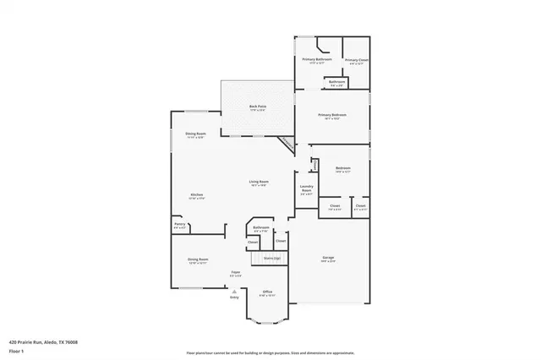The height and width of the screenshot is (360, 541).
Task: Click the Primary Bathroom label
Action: click(317, 60)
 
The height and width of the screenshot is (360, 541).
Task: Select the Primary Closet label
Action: click(356, 60)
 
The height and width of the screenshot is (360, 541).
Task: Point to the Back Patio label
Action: click(257, 107)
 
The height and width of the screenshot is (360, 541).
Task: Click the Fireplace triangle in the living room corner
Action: click(288, 144)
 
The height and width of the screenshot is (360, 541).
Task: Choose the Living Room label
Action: click(258, 183)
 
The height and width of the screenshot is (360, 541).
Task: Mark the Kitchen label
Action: click(196, 195)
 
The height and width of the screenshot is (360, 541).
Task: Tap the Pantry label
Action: click(179, 225)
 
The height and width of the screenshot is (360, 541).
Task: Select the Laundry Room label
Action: click(306, 188)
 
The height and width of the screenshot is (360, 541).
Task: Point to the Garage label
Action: click(328, 258)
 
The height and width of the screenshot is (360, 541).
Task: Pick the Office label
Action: click(266, 292)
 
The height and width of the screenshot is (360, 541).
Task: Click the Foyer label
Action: click(236, 273)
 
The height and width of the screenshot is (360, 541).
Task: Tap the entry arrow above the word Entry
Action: click(235, 290)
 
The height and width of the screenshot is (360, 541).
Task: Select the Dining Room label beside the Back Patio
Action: click(195, 134)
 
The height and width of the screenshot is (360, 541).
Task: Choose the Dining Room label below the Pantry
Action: click(198, 260)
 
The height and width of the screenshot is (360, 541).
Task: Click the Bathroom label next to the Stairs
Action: click(260, 228)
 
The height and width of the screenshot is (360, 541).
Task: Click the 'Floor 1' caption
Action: click(15, 350)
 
